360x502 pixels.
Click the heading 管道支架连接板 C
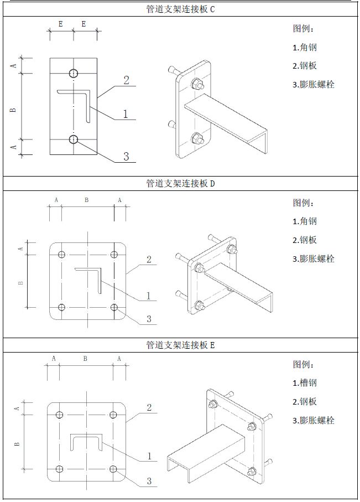180,9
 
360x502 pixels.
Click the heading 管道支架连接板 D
180,183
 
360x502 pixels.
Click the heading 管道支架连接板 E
180,345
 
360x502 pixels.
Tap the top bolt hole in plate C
74,73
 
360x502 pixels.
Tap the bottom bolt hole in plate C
74,138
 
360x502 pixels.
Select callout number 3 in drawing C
126,157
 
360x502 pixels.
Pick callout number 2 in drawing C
126,80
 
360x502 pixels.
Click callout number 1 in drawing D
148,296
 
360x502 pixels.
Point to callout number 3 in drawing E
149,481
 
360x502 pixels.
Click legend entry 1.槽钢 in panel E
305,383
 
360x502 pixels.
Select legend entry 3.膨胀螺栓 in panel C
314,85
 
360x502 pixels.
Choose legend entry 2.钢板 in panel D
305,240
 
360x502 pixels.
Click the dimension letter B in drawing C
14,108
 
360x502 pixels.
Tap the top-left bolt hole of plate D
61,254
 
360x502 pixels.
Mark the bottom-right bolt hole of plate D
114,307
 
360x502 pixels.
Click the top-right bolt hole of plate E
114,415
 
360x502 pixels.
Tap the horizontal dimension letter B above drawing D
87,200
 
